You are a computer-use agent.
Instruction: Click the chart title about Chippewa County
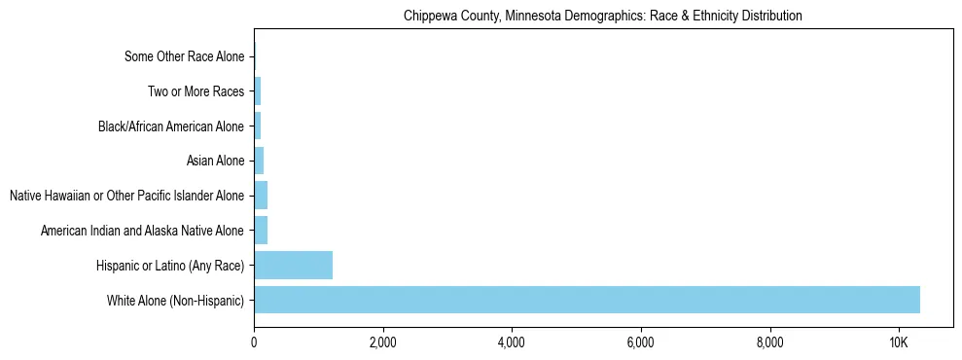[602, 16]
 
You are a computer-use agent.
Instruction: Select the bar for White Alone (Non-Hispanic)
[587, 300]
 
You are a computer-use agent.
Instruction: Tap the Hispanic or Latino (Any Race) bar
[293, 265]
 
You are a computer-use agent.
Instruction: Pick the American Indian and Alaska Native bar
[261, 231]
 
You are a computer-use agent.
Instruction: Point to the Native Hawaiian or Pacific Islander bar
[261, 196]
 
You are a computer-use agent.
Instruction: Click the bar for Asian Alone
[259, 161]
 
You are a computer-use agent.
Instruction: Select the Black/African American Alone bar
[258, 126]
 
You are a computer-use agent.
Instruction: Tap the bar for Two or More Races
[258, 91]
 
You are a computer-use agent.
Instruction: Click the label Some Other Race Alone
[184, 56]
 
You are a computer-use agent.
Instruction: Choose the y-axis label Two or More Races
[196, 91]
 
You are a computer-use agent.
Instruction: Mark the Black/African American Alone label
[171, 126]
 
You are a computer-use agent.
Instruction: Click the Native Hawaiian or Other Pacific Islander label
[126, 196]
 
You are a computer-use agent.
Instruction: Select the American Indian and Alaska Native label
[142, 231]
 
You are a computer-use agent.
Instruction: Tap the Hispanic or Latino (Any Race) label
[170, 266]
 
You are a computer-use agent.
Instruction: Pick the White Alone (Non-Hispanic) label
[175, 300]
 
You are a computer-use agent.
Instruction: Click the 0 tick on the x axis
[254, 342]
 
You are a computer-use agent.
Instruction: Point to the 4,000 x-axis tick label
[512, 342]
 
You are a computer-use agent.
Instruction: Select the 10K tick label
[898, 342]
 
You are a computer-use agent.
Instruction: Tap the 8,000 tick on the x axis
[769, 342]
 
